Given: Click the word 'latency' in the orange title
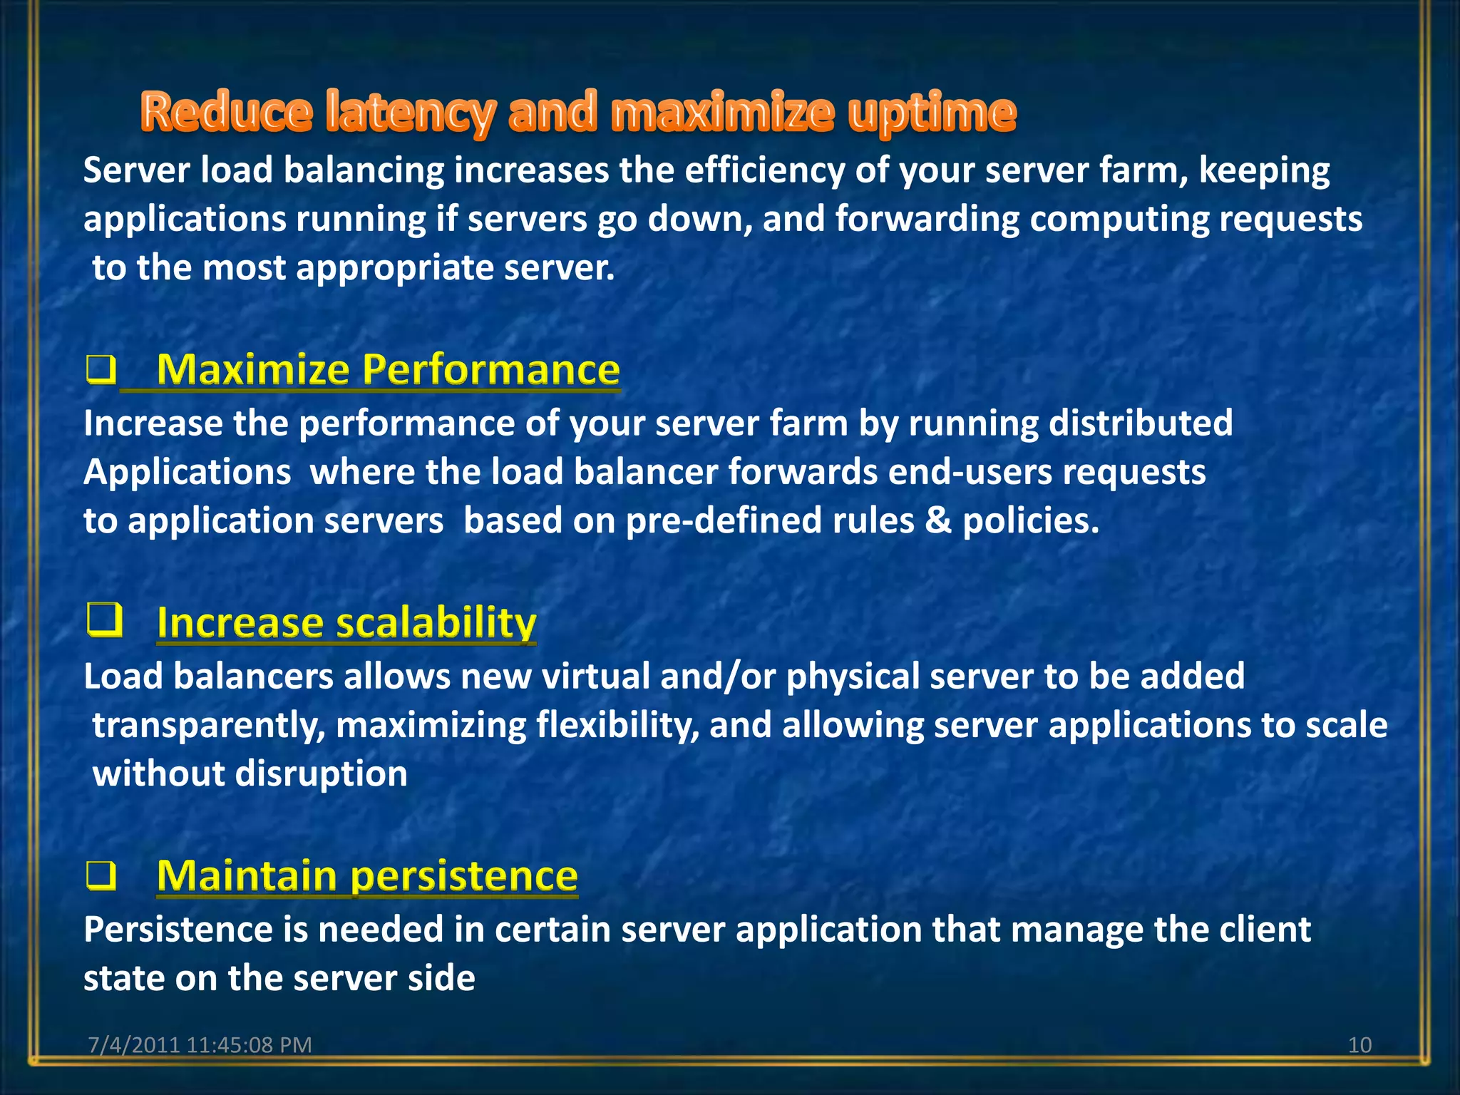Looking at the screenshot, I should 409,113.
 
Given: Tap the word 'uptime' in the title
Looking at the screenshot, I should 932,113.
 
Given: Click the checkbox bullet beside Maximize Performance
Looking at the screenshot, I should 101,370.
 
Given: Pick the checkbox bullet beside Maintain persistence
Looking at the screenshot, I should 101,875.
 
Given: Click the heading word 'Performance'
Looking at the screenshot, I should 491,369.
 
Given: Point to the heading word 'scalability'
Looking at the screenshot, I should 436,622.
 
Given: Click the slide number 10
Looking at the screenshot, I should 1359,1045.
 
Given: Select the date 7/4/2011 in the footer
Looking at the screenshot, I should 133,1045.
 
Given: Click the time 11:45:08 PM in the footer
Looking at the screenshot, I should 249,1045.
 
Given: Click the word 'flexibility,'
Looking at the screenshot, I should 617,726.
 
